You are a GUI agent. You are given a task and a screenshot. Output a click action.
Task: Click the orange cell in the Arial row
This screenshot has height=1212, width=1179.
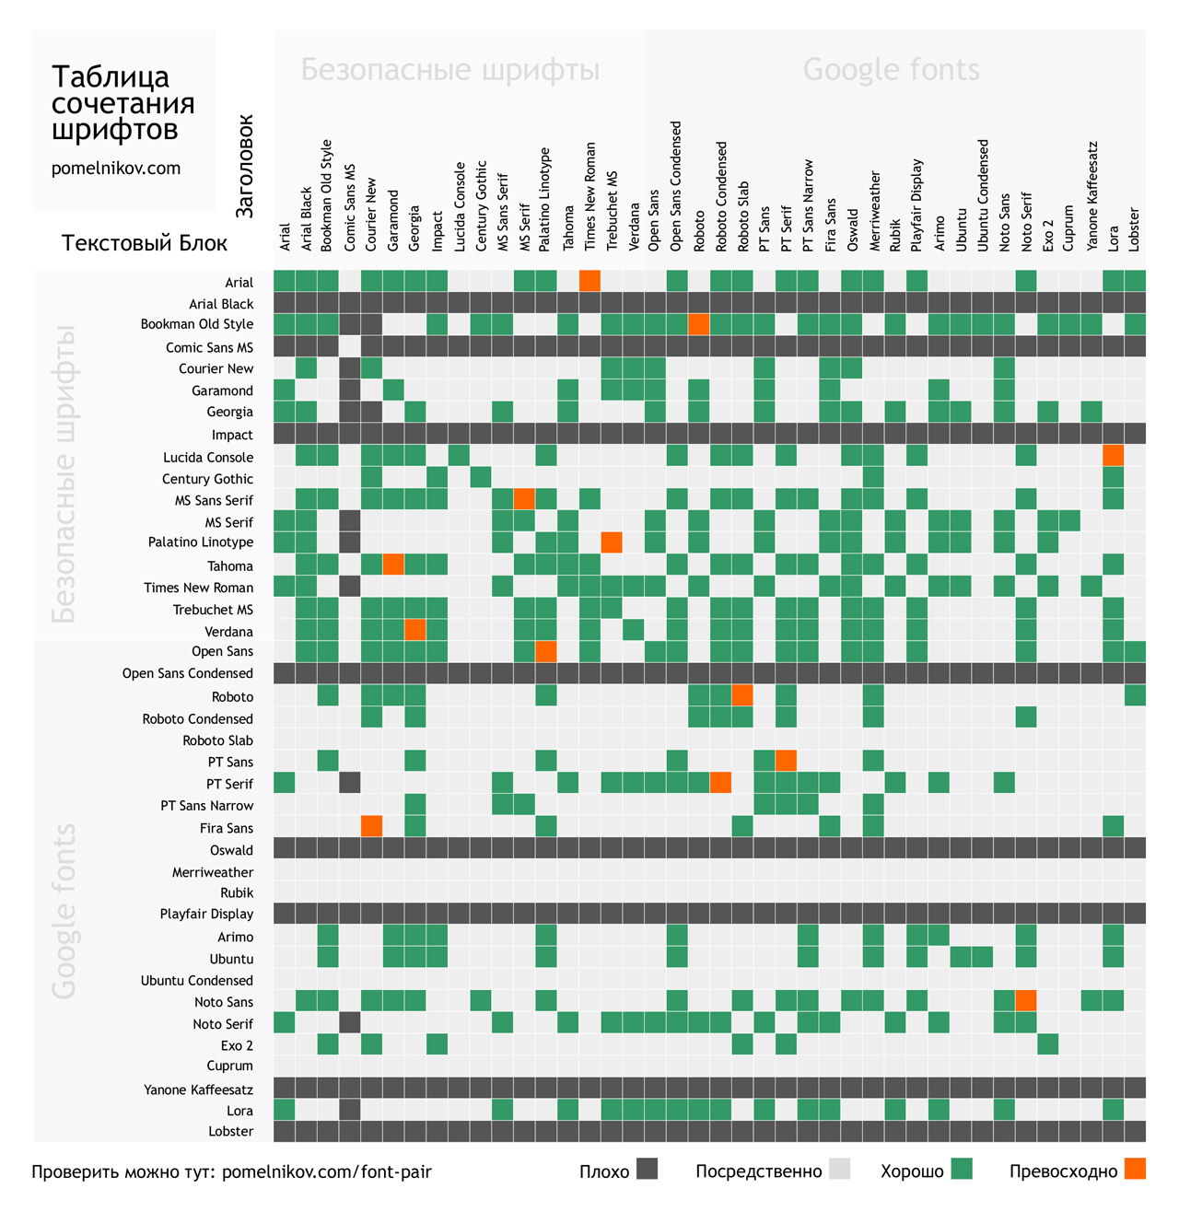pos(589,281)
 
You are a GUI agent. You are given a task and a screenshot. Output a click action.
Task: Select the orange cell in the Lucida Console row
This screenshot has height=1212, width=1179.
pos(1113,456)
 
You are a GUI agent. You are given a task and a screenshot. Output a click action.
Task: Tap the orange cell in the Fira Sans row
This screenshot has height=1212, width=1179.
pos(371,826)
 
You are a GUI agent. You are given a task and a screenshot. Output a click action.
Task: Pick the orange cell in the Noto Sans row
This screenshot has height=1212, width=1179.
pos(1025,1000)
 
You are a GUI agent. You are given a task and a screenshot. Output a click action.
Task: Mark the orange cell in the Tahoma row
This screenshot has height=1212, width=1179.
pos(393,565)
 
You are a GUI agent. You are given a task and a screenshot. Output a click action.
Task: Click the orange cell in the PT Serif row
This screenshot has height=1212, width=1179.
pos(720,783)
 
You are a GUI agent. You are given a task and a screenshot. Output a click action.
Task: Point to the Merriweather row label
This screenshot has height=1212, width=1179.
pos(212,872)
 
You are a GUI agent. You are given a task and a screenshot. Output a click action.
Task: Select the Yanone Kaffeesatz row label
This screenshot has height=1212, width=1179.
pos(198,1090)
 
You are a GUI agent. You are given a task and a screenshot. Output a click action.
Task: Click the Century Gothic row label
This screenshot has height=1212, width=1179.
pos(207,479)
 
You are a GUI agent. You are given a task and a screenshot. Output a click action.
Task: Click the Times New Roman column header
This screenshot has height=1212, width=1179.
pos(590,196)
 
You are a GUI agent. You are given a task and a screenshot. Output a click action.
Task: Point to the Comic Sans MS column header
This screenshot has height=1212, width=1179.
pos(350,208)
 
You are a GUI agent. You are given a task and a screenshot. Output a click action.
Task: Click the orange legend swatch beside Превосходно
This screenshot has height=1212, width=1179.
pos(1136,1170)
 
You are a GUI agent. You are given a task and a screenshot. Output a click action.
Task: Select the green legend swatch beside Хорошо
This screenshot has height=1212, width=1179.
pos(962,1170)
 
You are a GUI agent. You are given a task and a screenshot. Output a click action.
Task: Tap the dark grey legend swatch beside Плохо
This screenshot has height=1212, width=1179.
pos(648,1170)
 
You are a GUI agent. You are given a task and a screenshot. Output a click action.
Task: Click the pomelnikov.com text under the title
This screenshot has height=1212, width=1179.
pos(116,169)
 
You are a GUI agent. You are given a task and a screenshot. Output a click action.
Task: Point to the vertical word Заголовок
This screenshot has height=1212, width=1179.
pos(244,167)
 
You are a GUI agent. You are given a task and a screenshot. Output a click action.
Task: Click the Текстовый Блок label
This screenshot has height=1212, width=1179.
pos(145,243)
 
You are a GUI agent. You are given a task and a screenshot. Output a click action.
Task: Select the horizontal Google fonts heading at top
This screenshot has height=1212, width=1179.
pos(891,70)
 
